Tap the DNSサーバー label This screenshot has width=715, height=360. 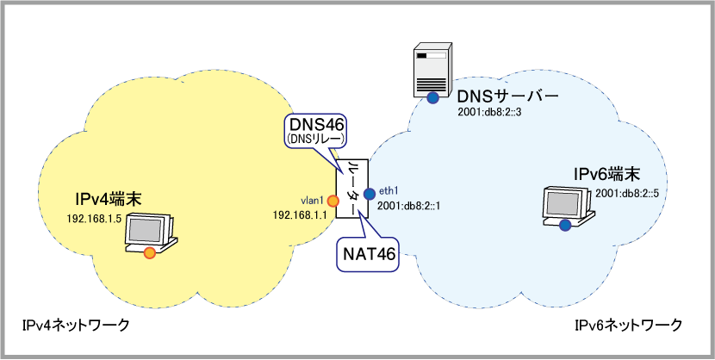(x=507, y=95)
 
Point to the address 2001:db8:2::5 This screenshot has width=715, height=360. (x=631, y=193)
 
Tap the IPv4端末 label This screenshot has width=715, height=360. (x=106, y=201)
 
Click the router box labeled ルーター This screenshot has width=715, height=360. (x=351, y=189)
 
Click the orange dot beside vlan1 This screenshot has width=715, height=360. (x=331, y=201)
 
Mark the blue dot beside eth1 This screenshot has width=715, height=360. (x=369, y=192)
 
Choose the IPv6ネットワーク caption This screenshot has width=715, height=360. (x=628, y=325)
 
